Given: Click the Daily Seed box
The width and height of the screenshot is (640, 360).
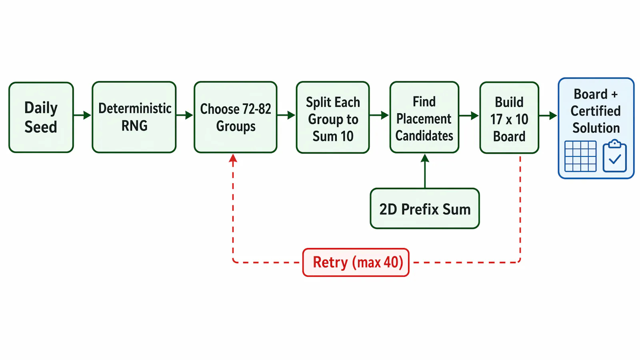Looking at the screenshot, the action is pos(41,117).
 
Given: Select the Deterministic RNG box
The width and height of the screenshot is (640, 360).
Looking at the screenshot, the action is pos(134,117).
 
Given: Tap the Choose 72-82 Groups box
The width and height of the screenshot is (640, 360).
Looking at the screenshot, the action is pos(236,117).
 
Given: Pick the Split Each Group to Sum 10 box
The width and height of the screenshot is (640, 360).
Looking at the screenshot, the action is pos(333,118).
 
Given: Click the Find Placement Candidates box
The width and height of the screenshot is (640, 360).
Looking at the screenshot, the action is pos(424,117).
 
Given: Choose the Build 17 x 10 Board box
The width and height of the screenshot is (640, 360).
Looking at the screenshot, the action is pos(510,118).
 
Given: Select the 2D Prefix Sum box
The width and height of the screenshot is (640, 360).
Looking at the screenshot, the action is pos(425,208).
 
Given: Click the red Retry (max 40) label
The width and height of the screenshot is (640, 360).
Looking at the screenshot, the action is pos(356,262).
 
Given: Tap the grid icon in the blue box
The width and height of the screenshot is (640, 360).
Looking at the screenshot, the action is pos(580,156).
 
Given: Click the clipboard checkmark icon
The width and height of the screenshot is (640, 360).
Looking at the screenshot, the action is pos(614,156).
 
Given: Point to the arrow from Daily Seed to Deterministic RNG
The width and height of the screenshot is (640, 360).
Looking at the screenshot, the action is pos(82,115).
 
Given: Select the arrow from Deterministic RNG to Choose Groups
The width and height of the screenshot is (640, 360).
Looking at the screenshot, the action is pos(184,115).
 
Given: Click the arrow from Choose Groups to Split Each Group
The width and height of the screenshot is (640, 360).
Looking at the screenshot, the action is pos(286,115).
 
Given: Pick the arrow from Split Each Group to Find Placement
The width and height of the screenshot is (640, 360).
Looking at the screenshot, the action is pos(379,115).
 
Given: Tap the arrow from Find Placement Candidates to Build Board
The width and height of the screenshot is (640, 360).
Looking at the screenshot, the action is pos(469,116).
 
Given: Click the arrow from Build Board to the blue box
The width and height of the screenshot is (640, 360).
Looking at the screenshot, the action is pos(548,116).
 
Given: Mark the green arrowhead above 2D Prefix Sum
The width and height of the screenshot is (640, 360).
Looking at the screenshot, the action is pos(425,158).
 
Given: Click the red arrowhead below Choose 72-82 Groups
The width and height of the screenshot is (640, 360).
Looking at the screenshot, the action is pos(233,158).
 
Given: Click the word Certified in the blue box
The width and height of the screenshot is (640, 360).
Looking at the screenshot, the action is pos(596,111).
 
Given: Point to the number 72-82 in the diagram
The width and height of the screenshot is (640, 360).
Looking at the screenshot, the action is pos(256,109).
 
